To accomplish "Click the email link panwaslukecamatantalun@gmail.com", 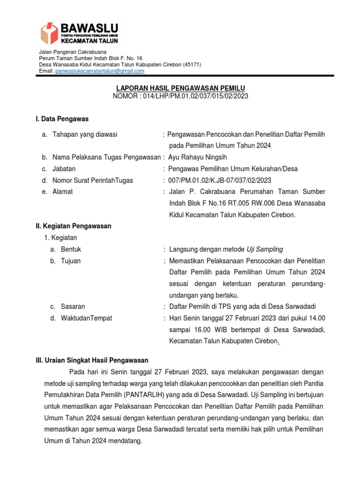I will pyautogui.click(x=99, y=71).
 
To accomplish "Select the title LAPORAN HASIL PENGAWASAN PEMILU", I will pyautogui.click(x=180, y=88).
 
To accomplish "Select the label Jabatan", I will pyautogui.click(x=64, y=169).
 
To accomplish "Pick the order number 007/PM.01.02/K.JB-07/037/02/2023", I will pyautogui.click(x=220, y=180).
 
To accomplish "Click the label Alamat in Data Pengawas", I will pyautogui.click(x=63, y=192).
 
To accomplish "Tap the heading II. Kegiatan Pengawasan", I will pyautogui.click(x=74, y=226).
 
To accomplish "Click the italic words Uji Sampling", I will pyautogui.click(x=265, y=249).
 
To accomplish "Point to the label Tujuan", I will pyautogui.click(x=71, y=261).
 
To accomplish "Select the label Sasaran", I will pyautogui.click(x=73, y=307).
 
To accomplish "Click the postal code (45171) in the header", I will pyautogui.click(x=192, y=64).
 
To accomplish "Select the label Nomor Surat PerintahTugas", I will pyautogui.click(x=93, y=180).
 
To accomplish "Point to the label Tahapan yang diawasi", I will pyautogui.click(x=85, y=135).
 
